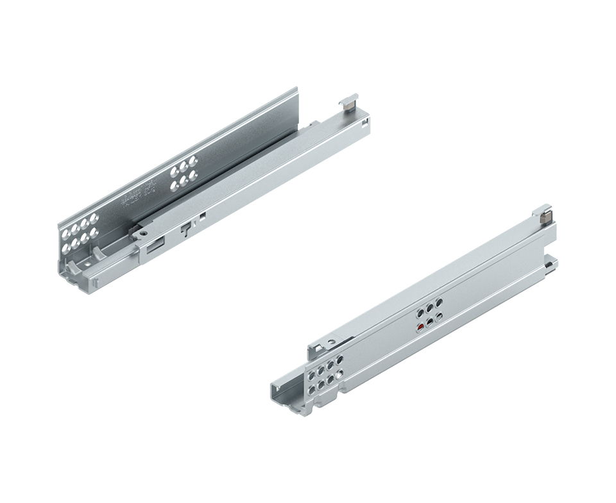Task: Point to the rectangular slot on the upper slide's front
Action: click(x=156, y=244)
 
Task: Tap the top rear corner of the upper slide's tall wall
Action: click(x=296, y=89)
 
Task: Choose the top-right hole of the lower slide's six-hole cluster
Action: click(x=438, y=302)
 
